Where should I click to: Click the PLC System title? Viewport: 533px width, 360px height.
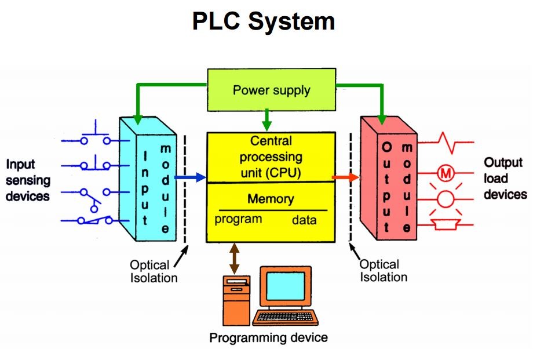264,21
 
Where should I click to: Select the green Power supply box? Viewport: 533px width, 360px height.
271,90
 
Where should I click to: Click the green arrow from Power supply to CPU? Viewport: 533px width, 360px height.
266,121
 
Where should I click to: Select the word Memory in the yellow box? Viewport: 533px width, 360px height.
271,199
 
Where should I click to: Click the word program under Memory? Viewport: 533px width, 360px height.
238,220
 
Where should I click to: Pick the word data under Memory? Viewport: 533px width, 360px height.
304,220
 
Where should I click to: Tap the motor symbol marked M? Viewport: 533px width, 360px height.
446,173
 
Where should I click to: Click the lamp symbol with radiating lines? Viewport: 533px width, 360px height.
446,199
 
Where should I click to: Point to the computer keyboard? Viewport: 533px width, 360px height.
286,317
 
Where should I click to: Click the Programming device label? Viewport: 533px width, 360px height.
268,337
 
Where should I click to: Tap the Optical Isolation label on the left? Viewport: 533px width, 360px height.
153,271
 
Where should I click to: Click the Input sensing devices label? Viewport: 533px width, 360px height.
28,180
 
